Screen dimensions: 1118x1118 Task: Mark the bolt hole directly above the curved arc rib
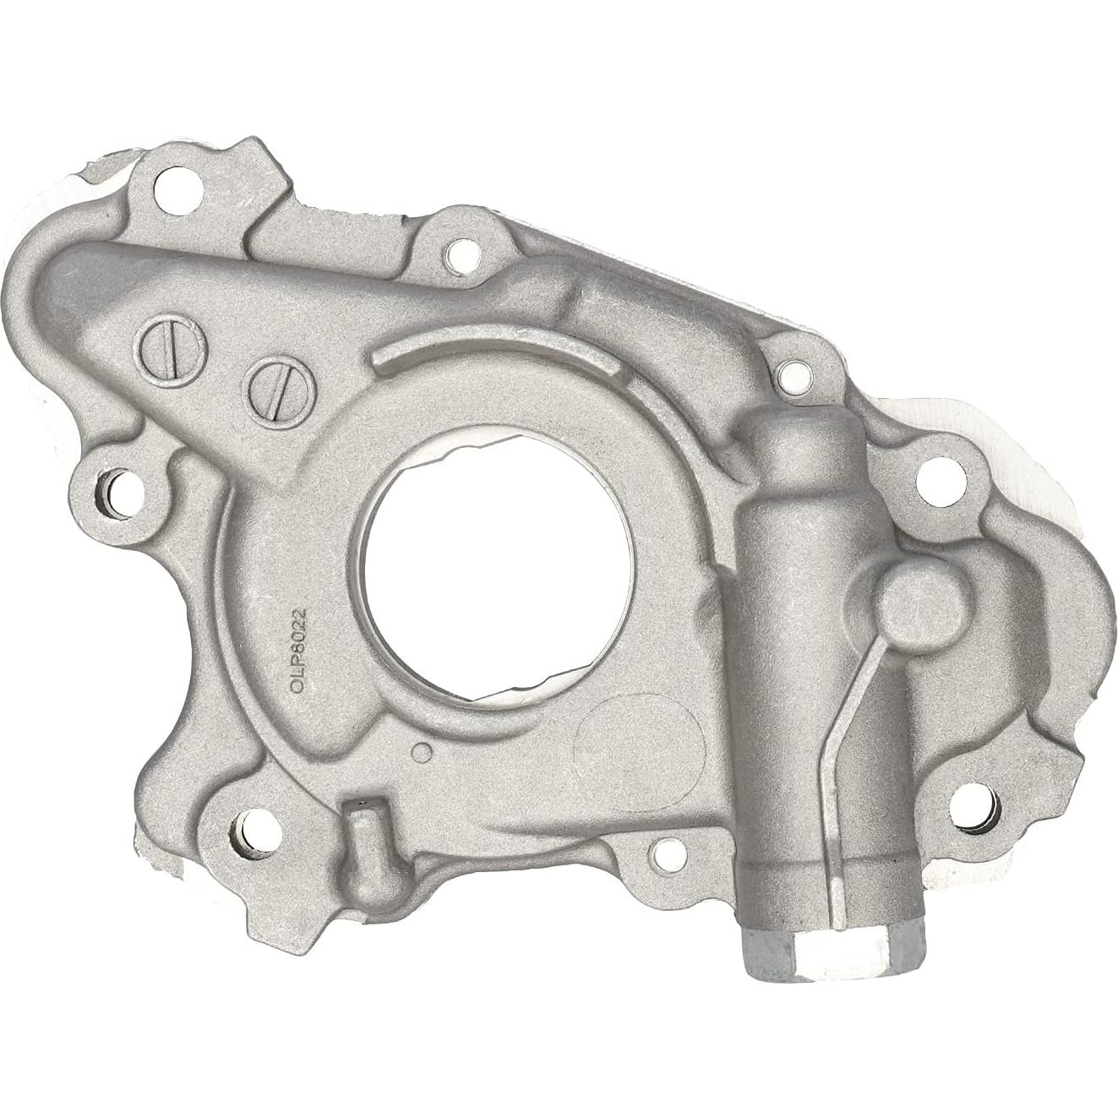[x=461, y=251]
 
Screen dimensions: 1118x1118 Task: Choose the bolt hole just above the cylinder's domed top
[x=791, y=373]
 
